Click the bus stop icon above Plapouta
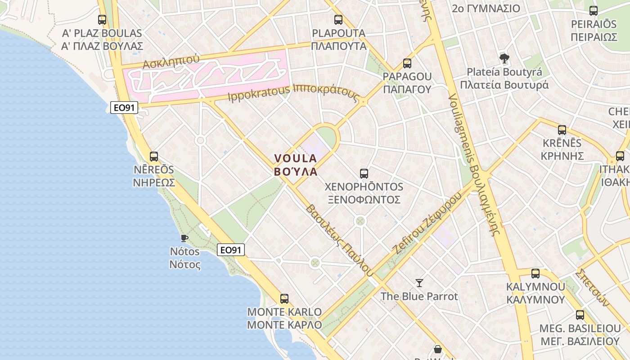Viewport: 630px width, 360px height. [x=338, y=20]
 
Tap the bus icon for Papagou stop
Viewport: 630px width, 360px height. [x=407, y=63]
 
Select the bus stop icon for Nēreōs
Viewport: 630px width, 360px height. [x=154, y=157]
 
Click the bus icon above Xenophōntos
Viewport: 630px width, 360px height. [x=364, y=173]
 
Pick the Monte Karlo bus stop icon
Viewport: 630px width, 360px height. [x=284, y=298]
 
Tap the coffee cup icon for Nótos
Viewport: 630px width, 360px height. [x=184, y=238]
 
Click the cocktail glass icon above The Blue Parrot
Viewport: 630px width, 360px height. [x=419, y=283]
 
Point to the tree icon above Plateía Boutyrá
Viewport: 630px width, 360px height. [x=504, y=58]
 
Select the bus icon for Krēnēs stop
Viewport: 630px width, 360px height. [x=562, y=130]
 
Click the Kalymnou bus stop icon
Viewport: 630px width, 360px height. [x=535, y=273]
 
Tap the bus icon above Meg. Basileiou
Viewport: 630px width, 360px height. [x=580, y=315]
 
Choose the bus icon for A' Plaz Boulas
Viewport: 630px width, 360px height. [x=102, y=20]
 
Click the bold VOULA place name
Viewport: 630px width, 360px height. [x=296, y=158]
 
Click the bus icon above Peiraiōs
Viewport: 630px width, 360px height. [x=594, y=11]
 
